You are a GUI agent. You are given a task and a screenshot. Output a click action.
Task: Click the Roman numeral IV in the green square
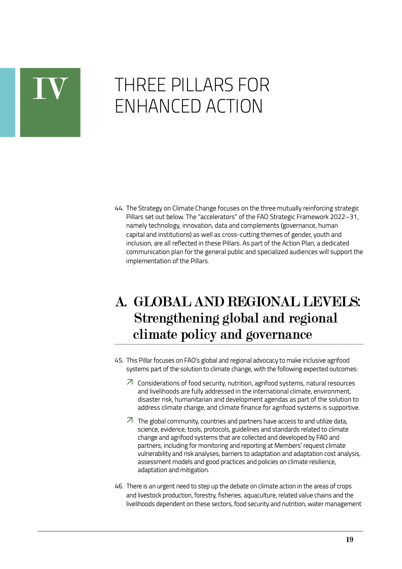tap(50, 88)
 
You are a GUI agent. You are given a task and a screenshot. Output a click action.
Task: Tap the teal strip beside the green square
tap(7, 102)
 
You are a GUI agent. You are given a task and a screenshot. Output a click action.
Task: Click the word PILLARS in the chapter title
tap(198, 85)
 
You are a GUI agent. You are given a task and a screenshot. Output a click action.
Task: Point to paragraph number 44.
tap(119, 208)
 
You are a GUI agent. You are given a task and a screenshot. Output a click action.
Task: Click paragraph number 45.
tap(119, 361)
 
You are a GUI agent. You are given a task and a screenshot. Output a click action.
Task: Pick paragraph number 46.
tap(119, 486)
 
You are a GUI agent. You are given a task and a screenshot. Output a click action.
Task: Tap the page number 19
tap(349, 540)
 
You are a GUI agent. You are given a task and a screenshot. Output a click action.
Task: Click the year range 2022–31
tap(343, 217)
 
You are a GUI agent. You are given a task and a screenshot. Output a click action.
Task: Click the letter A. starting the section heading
tap(121, 302)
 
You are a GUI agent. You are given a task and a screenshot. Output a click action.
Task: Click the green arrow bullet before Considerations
tap(130, 382)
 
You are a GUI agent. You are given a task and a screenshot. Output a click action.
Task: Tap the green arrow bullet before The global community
tap(130, 420)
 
